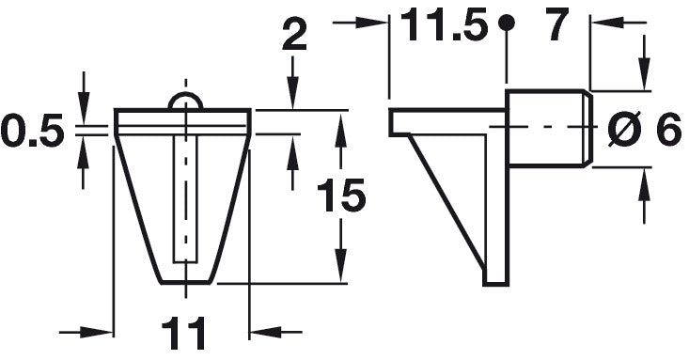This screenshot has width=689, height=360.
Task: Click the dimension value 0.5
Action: [33, 130]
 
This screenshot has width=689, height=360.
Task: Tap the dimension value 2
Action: [294, 34]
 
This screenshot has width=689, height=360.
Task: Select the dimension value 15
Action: [341, 196]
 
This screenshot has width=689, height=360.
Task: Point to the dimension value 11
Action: [183, 333]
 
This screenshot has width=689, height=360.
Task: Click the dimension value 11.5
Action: [445, 24]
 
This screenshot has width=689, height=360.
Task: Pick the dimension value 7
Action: [556, 24]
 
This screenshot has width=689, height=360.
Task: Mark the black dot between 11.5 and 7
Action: [507, 22]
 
